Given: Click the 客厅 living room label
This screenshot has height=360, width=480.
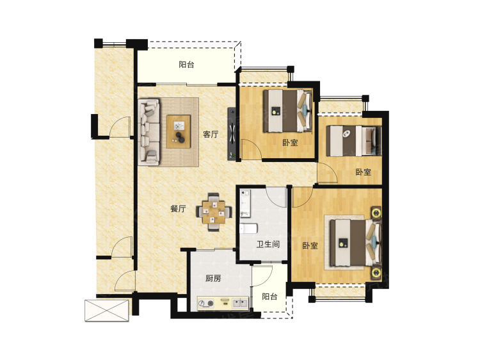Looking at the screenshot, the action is pyautogui.click(x=211, y=134).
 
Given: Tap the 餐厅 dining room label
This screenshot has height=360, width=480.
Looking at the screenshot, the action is pyautogui.click(x=178, y=209).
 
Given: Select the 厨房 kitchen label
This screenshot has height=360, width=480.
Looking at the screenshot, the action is pyautogui.click(x=213, y=279).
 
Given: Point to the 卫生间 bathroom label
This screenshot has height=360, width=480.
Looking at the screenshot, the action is pyautogui.click(x=268, y=244).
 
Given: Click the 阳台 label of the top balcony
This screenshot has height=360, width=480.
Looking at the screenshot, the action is pyautogui.click(x=186, y=65).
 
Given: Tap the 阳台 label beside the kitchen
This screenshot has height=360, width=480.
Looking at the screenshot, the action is pyautogui.click(x=269, y=297).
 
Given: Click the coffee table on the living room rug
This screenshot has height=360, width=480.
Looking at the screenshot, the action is pyautogui.click(x=179, y=131).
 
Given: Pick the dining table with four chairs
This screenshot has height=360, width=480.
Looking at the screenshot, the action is pyautogui.click(x=214, y=212).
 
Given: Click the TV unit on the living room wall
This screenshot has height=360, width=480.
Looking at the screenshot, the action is pyautogui.click(x=232, y=133).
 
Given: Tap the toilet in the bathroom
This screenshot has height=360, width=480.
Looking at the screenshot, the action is pyautogui.click(x=248, y=229).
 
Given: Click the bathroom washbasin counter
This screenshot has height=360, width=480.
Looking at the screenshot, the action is pyautogui.click(x=246, y=204).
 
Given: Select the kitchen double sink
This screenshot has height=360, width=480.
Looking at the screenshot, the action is pyautogui.click(x=240, y=304).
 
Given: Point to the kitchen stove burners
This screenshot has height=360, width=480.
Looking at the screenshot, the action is pyautogui.click(x=205, y=304).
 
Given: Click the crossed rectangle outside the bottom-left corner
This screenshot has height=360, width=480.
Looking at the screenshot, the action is pyautogui.click(x=106, y=311).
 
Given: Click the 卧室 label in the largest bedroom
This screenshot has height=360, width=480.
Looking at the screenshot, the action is pyautogui.click(x=310, y=246).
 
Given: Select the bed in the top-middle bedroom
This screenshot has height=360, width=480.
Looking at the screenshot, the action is pyautogui.click(x=288, y=111).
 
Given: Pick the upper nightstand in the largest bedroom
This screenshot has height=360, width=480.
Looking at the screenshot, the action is pyautogui.click(x=376, y=213).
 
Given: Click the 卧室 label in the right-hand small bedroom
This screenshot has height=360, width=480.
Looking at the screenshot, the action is pyautogui.click(x=364, y=172).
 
